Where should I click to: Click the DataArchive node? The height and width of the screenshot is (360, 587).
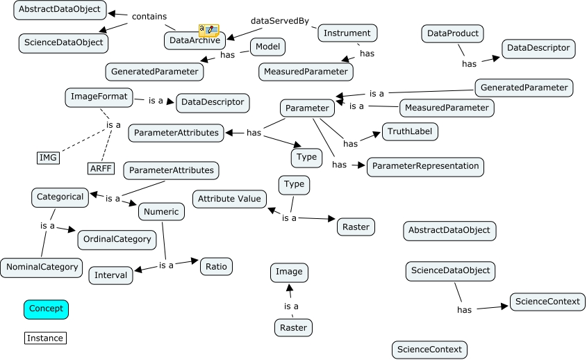[x=193, y=41]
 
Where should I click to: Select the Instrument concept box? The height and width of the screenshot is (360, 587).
[x=347, y=33]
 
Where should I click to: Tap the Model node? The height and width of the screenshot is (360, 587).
[x=267, y=47]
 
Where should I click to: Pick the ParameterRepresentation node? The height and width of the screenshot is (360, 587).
[x=425, y=166]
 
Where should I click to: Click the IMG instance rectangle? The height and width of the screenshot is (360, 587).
[x=48, y=158]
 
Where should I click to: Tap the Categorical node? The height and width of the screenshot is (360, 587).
[x=60, y=197]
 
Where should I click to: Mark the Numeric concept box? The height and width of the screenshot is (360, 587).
[x=161, y=211]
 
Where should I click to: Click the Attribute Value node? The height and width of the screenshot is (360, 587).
[x=229, y=199]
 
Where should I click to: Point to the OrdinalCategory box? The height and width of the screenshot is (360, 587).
[x=117, y=239]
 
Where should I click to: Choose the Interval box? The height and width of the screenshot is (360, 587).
[x=111, y=275]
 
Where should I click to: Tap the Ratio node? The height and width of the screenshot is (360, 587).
[x=215, y=266]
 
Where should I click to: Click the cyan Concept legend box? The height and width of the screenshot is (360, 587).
[x=46, y=309]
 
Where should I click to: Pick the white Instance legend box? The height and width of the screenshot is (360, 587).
[x=45, y=338]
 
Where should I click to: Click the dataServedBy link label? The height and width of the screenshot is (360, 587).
[x=280, y=20]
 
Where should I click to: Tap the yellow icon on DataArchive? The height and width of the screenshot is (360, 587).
[x=208, y=30]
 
